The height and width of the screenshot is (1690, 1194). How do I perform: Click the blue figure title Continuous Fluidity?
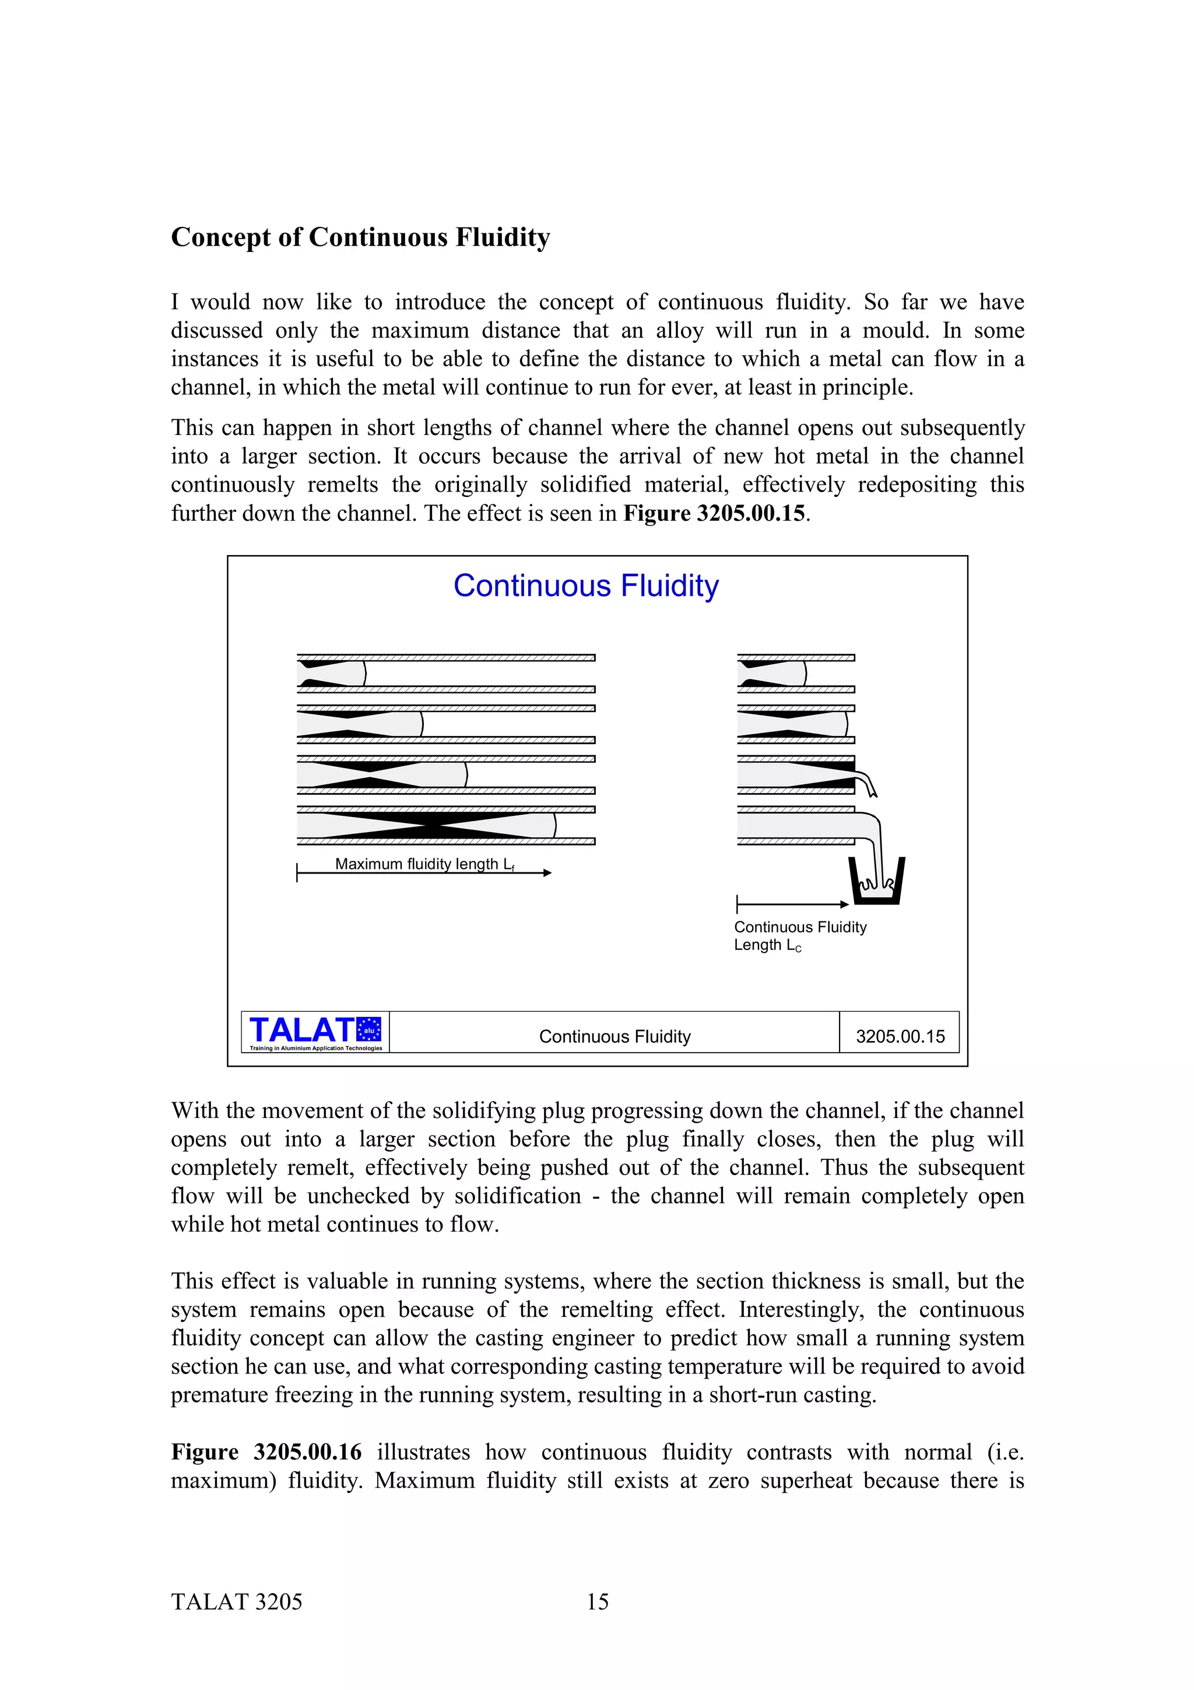(585, 586)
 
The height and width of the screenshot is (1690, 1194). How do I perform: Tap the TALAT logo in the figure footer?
(315, 1032)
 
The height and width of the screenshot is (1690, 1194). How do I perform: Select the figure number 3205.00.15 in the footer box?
(900, 1036)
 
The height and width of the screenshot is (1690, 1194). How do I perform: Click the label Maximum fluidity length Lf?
(424, 864)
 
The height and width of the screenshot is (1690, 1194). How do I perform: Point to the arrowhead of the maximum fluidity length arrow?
(547, 873)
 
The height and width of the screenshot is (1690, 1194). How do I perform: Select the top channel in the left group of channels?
(446, 674)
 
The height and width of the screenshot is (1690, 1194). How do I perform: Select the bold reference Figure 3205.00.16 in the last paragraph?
(266, 1452)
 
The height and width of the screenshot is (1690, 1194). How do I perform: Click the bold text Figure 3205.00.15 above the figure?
(714, 513)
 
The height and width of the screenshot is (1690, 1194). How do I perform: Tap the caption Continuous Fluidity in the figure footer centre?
(614, 1036)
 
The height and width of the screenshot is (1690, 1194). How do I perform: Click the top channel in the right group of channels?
(795, 674)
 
